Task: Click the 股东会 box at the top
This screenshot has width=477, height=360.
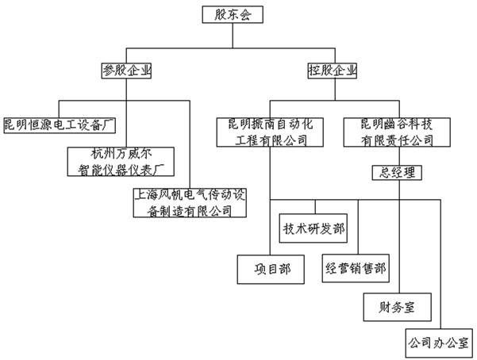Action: (230, 14)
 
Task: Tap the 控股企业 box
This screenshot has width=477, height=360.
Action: (332, 71)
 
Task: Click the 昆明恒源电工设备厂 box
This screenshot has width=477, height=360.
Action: (60, 124)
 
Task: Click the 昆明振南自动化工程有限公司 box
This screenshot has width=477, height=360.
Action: (269, 132)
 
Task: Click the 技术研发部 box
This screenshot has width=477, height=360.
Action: (313, 228)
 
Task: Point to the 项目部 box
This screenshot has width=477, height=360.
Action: (269, 269)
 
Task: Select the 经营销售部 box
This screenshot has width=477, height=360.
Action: (356, 268)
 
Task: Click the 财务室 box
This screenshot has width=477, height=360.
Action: (398, 305)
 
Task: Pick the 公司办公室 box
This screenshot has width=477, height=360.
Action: (437, 343)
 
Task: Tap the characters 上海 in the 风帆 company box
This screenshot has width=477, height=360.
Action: (147, 193)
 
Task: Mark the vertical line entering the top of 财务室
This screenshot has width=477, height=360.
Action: (398, 254)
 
